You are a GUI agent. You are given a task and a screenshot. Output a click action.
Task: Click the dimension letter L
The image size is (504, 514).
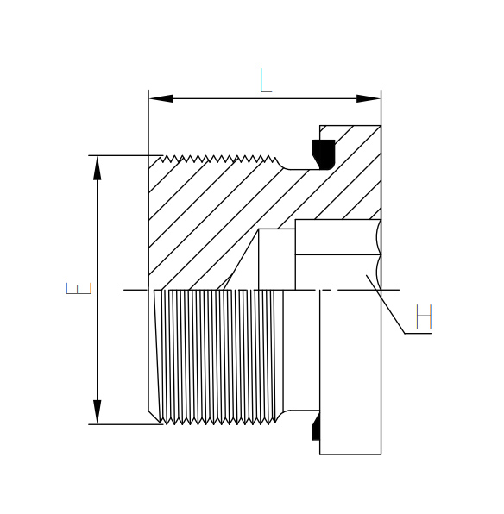click(266, 80)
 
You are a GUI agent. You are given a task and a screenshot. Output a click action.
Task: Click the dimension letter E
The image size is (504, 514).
click(79, 288)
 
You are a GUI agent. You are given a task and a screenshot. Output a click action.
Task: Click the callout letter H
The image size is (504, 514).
click(424, 316)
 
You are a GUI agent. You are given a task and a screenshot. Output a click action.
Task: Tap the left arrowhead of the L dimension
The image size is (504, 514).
click(161, 98)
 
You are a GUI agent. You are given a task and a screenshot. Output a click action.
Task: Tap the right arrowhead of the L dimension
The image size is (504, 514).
click(369, 98)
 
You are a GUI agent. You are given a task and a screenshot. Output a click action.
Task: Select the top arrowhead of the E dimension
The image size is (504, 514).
click(98, 168)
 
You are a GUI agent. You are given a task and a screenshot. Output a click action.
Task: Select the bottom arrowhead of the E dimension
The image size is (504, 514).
click(98, 412)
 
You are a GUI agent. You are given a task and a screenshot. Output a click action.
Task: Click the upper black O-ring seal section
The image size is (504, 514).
click(324, 154)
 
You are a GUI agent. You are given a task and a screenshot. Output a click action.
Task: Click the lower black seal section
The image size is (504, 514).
click(316, 427)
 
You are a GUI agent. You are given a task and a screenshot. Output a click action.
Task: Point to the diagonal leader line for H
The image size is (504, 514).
click(386, 304)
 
